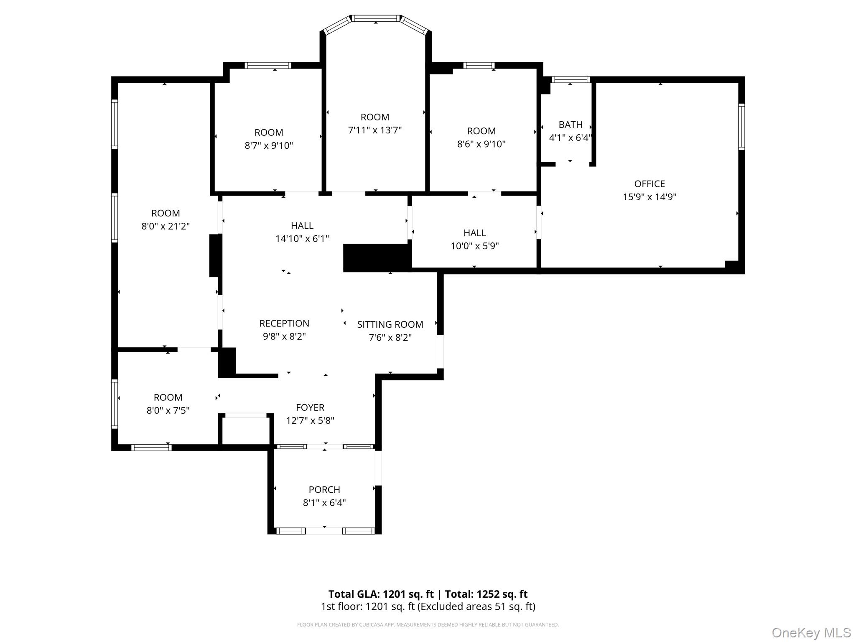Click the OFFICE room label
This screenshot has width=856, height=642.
(x=649, y=184)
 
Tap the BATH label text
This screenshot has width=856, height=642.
(x=570, y=125)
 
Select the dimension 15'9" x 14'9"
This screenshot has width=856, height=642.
(x=649, y=197)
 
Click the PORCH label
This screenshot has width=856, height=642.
(x=324, y=489)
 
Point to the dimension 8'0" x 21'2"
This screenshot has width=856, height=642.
(x=166, y=226)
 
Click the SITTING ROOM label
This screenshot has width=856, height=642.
(x=390, y=324)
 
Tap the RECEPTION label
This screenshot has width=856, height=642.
(x=284, y=324)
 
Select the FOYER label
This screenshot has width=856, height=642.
(x=310, y=408)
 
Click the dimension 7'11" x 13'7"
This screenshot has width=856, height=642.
(x=375, y=130)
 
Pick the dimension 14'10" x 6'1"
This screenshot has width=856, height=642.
(x=302, y=239)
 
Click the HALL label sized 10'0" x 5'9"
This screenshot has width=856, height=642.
(x=474, y=233)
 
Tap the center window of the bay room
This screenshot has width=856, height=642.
(x=375, y=18)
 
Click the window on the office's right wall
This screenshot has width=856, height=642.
(x=741, y=127)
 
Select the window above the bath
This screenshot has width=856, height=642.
(x=571, y=79)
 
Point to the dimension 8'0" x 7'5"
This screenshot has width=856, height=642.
(x=168, y=410)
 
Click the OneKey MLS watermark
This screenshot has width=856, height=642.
(x=811, y=632)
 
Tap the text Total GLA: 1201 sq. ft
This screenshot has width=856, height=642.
(x=381, y=594)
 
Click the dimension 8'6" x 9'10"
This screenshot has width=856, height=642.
(x=481, y=144)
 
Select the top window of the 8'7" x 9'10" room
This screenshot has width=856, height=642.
(x=267, y=66)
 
